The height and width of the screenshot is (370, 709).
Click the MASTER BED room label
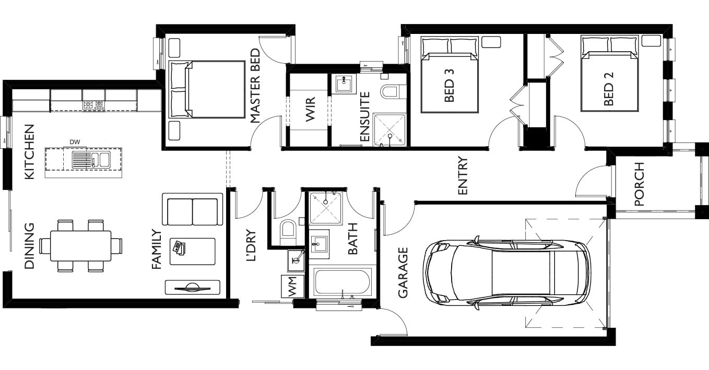click(255, 86)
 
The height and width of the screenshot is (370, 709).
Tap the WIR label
click(311, 109)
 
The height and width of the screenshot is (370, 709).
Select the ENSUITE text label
click(365, 116)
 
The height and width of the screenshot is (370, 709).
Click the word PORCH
click(640, 184)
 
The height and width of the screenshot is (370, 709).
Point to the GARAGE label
click(403, 272)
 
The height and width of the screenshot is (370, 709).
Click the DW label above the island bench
click(75, 142)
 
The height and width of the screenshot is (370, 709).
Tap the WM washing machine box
click(293, 287)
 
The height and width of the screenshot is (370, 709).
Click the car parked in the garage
click(507, 273)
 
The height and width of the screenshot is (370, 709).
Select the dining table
click(81, 246)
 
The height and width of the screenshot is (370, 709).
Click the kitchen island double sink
click(91, 159)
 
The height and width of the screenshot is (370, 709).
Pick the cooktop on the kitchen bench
click(94, 105)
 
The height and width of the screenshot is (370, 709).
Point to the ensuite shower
click(389, 130)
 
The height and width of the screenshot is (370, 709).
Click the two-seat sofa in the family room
click(193, 209)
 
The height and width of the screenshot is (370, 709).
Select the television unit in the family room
click(193, 288)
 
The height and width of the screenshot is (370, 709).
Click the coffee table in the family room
click(193, 252)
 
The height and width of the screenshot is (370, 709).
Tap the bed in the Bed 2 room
click(609, 74)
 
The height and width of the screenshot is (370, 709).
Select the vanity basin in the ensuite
click(344, 84)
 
